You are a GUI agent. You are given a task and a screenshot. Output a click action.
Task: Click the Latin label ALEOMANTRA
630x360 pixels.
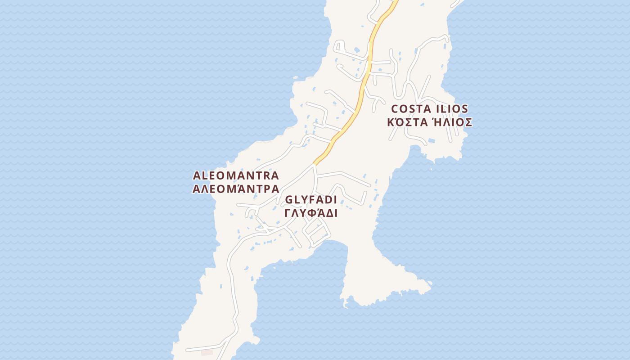236,175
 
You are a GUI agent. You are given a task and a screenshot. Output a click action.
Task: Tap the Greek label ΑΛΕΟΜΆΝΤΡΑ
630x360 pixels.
236,189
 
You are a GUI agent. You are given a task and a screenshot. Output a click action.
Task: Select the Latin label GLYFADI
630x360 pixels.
311,200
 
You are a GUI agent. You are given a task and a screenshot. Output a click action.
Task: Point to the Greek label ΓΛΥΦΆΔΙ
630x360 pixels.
311,213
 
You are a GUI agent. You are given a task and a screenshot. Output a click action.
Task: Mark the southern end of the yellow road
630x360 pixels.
315,163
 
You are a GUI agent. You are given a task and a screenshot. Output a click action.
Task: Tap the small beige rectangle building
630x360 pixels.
207,352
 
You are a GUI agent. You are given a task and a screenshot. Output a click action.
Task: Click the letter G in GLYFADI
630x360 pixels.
289,200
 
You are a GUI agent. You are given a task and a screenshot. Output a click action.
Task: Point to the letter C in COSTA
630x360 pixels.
396,109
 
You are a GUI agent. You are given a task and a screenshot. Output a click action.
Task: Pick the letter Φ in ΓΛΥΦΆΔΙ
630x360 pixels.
310,213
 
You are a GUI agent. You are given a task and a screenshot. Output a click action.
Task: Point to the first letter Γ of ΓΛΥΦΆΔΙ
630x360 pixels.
288,213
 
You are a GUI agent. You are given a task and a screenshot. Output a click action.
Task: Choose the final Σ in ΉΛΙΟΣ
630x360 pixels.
468,122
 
